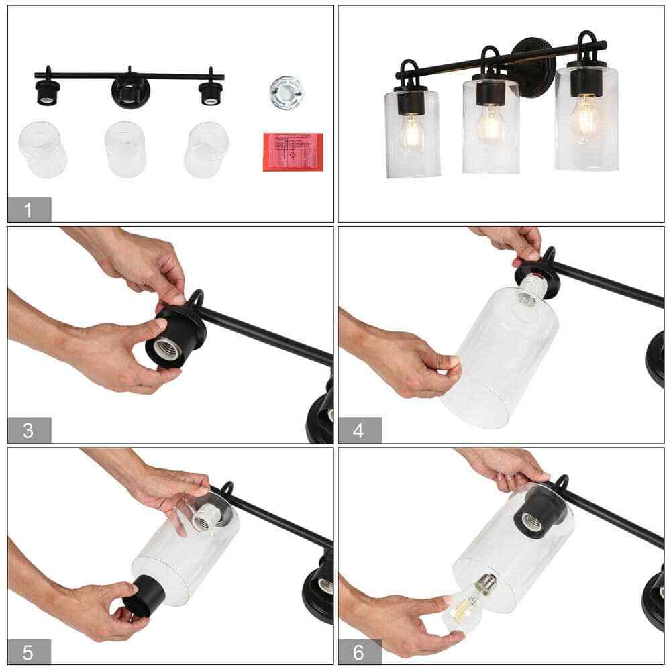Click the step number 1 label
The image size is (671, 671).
click(x=28, y=210)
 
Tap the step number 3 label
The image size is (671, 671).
click(x=28, y=430)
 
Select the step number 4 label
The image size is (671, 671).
click(x=359, y=430)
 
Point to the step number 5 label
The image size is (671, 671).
click(x=28, y=650)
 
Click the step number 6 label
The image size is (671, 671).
click(x=359, y=650)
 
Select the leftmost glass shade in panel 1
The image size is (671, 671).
click(x=43, y=149)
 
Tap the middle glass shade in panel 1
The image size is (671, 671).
click(x=126, y=149)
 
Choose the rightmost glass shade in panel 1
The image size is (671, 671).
click(x=207, y=149)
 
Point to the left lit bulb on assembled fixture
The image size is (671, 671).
click(x=410, y=132)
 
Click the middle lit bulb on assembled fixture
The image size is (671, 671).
click(x=490, y=124)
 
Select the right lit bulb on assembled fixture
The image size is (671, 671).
click(x=586, y=119)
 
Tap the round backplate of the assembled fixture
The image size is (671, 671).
click(x=533, y=67)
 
